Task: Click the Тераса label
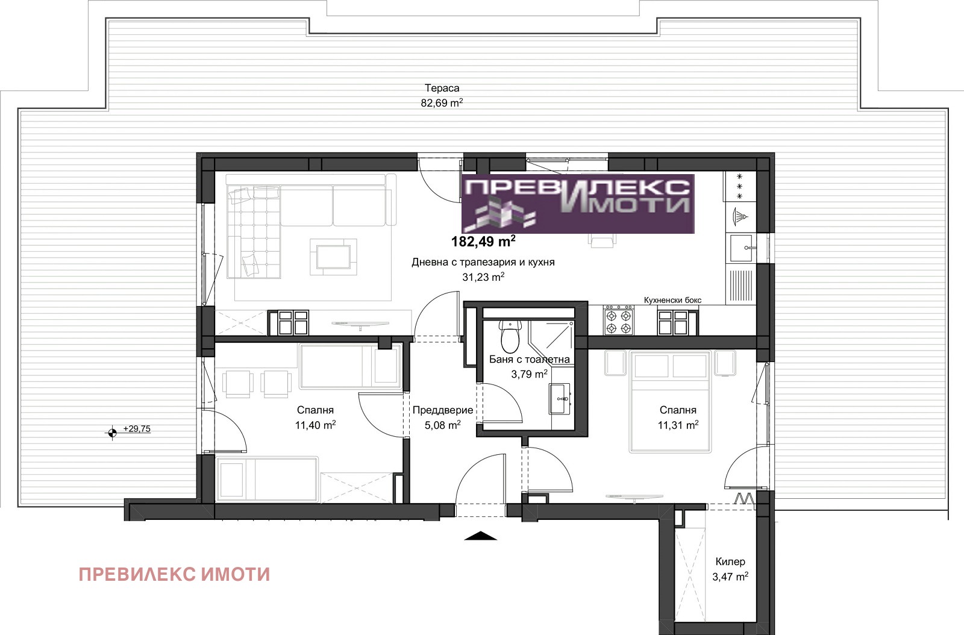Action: (x=442, y=88)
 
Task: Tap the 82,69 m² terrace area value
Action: (x=442, y=103)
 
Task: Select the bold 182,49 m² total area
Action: (x=483, y=242)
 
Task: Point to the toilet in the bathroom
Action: (x=511, y=335)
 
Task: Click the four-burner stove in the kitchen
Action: (x=618, y=320)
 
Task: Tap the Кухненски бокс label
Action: (x=672, y=300)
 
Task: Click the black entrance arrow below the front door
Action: (x=481, y=536)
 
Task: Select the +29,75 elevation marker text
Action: (x=137, y=428)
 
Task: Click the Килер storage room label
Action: (x=730, y=561)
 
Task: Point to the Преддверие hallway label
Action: (x=443, y=410)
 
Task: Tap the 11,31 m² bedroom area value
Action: (x=678, y=425)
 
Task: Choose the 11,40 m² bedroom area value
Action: (x=315, y=425)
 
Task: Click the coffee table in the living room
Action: (x=333, y=257)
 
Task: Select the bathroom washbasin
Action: (x=560, y=399)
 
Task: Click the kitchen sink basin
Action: (x=740, y=248)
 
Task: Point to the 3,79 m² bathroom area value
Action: (x=530, y=374)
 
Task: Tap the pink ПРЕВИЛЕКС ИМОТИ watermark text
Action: (x=174, y=575)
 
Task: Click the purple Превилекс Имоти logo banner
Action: (x=578, y=204)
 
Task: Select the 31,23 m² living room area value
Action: (x=483, y=277)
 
